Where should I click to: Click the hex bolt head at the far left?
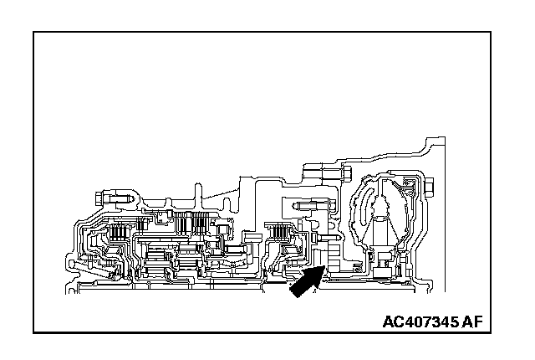pos(100,198)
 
